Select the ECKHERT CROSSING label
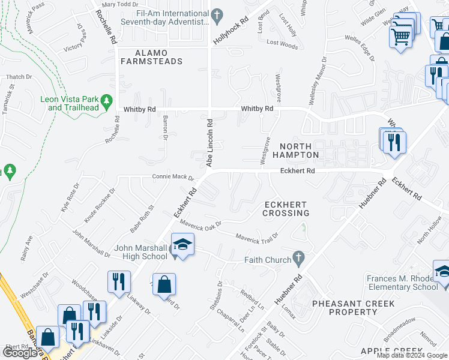287,209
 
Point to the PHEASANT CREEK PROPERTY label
345,308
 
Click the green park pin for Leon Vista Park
107,100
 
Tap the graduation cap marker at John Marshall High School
182,245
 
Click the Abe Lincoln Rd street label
210,142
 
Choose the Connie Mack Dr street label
173,178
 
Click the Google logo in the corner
20,353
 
